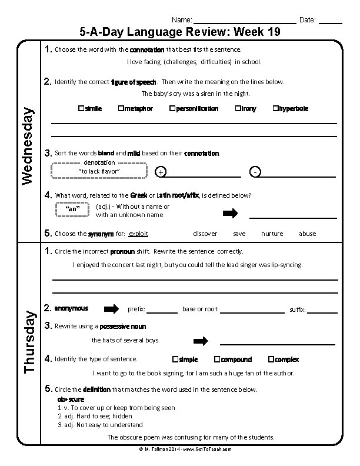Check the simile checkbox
click(80, 109)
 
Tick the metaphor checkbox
click(120, 109)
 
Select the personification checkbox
click(172, 109)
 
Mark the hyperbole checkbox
click(275, 109)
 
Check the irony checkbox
click(238, 109)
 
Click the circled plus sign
click(161, 172)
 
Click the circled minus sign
click(254, 172)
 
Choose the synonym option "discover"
click(205, 234)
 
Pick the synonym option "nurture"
click(272, 234)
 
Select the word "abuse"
click(307, 234)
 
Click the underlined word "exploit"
click(138, 234)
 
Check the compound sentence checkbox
click(217, 359)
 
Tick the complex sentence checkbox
click(271, 359)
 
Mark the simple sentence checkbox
click(175, 359)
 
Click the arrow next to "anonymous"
click(111, 309)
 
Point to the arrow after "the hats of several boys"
click(201, 341)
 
